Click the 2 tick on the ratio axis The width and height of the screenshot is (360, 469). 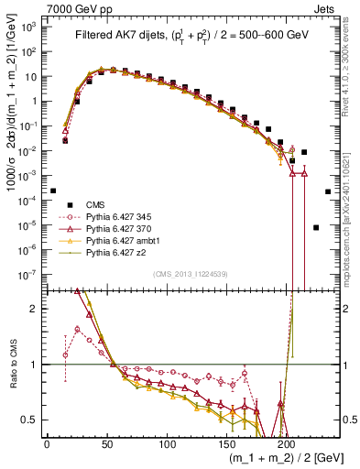(x=38, y=309)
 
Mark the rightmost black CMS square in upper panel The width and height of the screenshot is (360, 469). (x=328, y=191)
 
